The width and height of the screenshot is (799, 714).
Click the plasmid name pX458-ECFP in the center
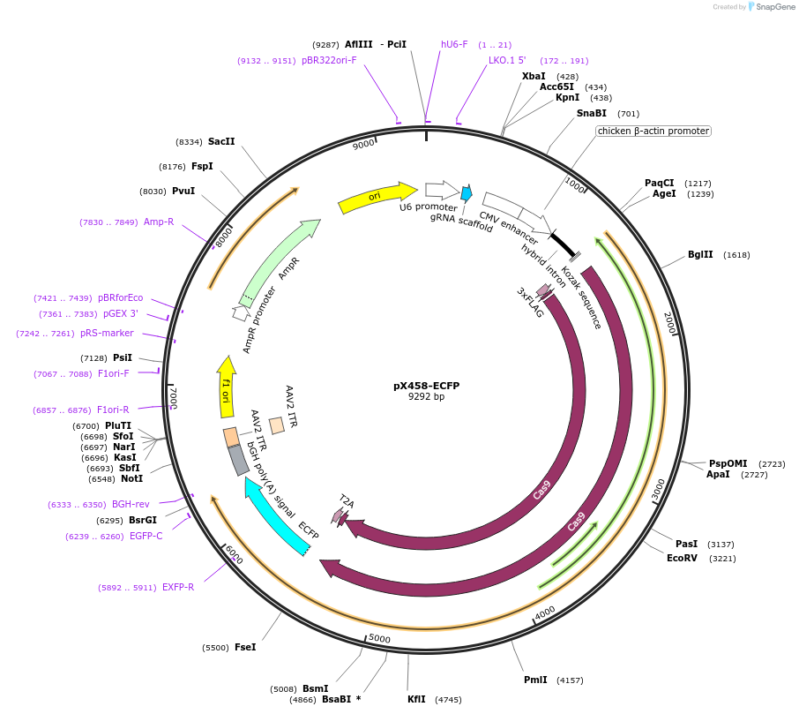426,386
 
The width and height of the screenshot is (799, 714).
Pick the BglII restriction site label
700,254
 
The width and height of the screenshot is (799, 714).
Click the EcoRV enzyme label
682,558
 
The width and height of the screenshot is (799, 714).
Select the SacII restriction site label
221,141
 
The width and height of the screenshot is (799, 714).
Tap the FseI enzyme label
245,647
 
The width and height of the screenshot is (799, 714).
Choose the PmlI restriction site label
535,680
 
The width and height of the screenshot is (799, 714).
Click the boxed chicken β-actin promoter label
653,131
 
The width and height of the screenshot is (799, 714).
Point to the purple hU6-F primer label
454,44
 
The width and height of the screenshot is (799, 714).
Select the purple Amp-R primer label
159,222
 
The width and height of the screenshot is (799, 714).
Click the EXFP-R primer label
178,587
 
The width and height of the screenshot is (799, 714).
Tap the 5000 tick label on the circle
379,638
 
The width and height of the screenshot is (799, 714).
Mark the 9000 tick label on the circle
363,146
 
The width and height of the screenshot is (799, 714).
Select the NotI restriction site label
131,479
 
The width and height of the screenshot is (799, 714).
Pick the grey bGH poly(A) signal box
237,460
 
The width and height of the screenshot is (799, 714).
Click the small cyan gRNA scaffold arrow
467,193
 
